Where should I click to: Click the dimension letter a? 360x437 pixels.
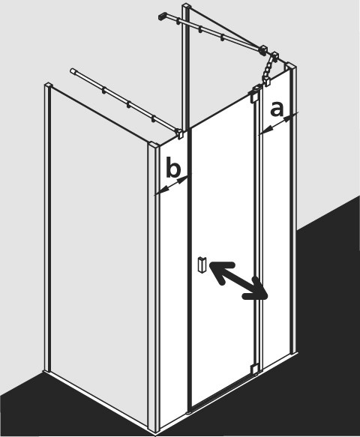[277, 109]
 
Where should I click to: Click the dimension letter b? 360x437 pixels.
[173, 167]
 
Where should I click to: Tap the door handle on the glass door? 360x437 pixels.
[201, 264]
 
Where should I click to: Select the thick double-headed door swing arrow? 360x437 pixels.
[238, 280]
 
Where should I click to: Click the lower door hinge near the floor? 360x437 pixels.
[254, 369]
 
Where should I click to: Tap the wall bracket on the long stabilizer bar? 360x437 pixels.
[162, 16]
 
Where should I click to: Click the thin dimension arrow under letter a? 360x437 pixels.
[279, 123]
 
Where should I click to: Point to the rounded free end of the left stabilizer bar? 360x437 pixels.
[73, 70]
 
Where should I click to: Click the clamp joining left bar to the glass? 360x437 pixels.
[179, 133]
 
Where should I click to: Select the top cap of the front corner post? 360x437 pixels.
[153, 145]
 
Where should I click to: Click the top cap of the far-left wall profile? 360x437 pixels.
[49, 84]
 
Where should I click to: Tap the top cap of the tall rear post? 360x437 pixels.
[186, 5]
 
